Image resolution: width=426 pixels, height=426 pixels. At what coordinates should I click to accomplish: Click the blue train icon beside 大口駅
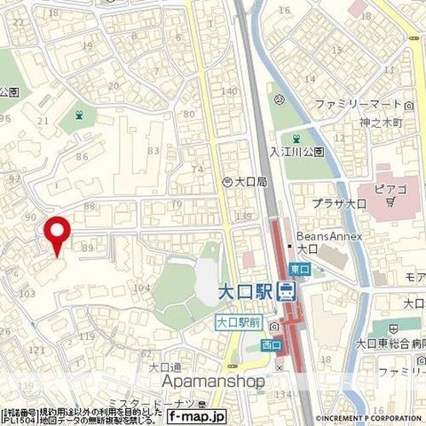click(x=287, y=291)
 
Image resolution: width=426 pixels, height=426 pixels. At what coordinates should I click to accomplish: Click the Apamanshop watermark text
click(x=213, y=382)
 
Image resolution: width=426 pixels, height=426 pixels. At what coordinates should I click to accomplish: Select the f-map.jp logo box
click(x=197, y=414)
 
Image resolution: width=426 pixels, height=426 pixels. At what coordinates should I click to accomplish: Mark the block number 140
click(x=229, y=91)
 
